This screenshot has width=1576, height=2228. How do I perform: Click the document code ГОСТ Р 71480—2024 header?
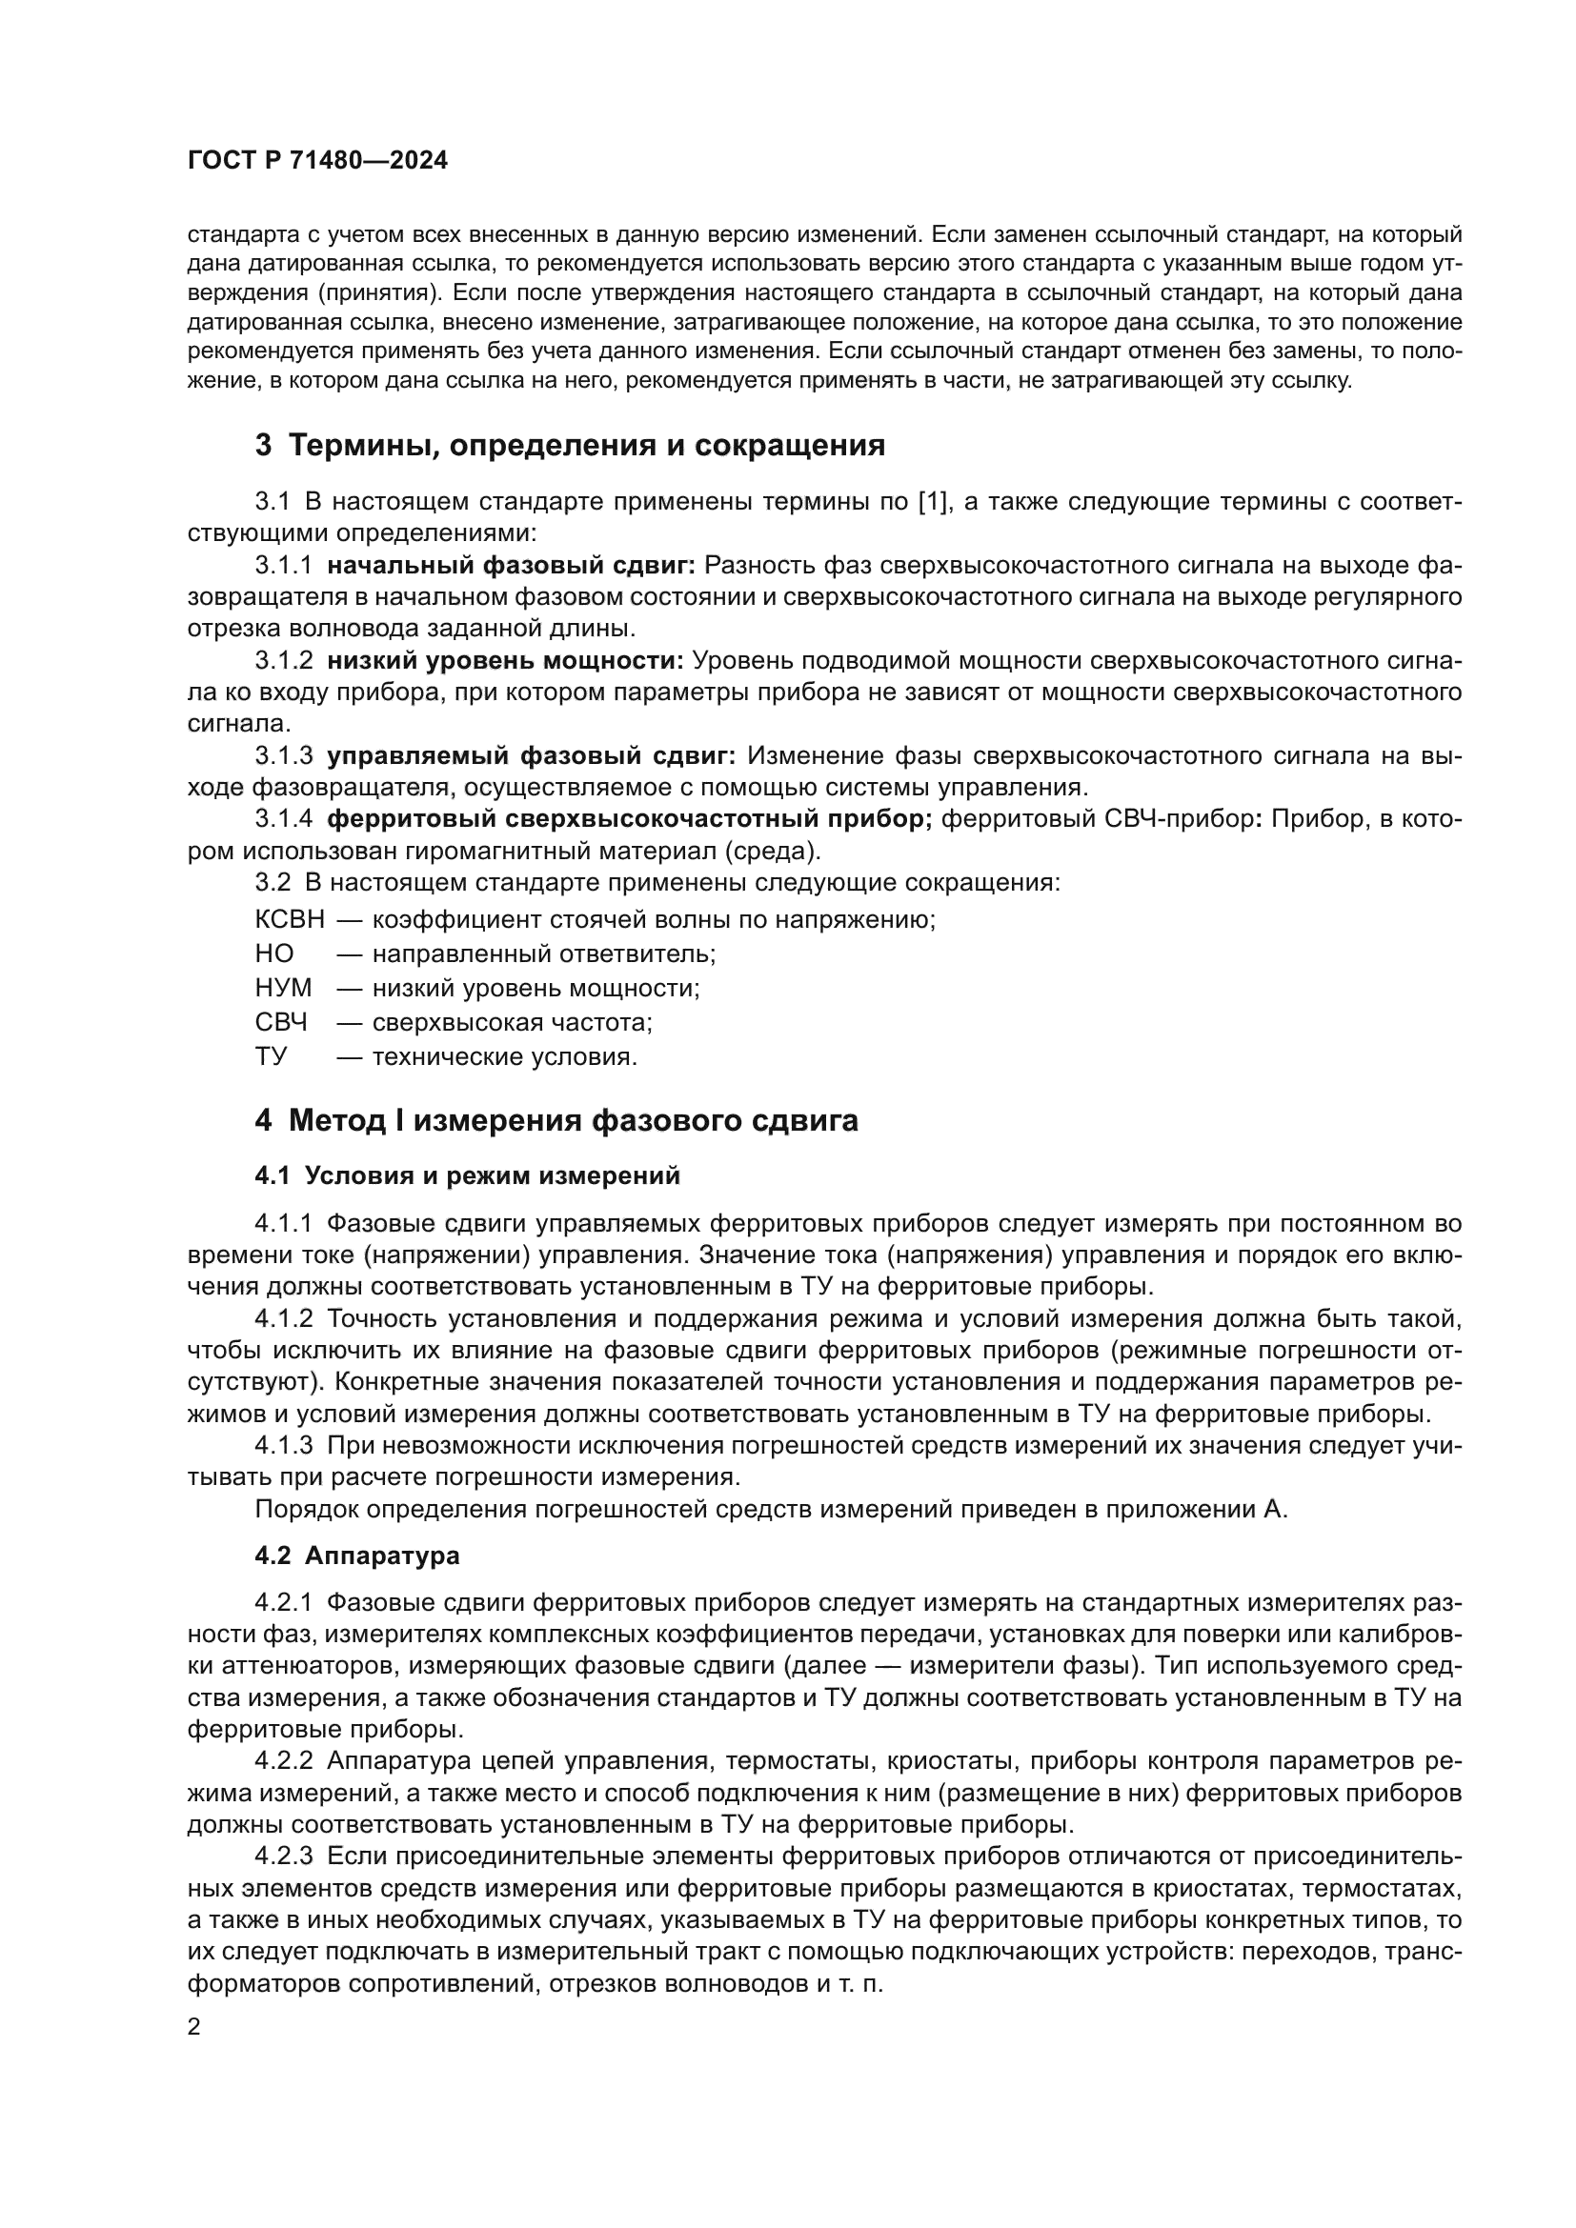[317, 161]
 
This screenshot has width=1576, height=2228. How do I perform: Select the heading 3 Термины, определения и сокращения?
[570, 446]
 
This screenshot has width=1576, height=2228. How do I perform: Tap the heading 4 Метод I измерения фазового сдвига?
[556, 1121]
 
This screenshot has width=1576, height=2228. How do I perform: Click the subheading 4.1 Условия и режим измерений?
[467, 1176]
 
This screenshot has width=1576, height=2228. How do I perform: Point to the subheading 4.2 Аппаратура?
[357, 1556]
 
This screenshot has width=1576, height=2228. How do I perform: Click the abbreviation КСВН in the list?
[290, 919]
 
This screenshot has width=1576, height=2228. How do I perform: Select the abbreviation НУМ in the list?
[283, 988]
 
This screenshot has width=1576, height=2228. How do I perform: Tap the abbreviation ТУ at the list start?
[271, 1055]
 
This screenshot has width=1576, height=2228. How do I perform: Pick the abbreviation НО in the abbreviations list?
[273, 953]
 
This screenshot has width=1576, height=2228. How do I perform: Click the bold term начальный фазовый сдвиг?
[511, 565]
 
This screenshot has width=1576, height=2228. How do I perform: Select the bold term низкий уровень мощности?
[505, 661]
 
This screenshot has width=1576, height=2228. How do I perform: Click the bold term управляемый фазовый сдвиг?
[531, 756]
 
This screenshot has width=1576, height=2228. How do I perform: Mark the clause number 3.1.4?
[283, 819]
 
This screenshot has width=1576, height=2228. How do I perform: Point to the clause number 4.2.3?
[283, 1857]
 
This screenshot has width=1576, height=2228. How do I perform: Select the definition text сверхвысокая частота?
[512, 1022]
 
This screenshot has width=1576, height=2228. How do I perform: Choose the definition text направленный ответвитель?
[543, 953]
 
